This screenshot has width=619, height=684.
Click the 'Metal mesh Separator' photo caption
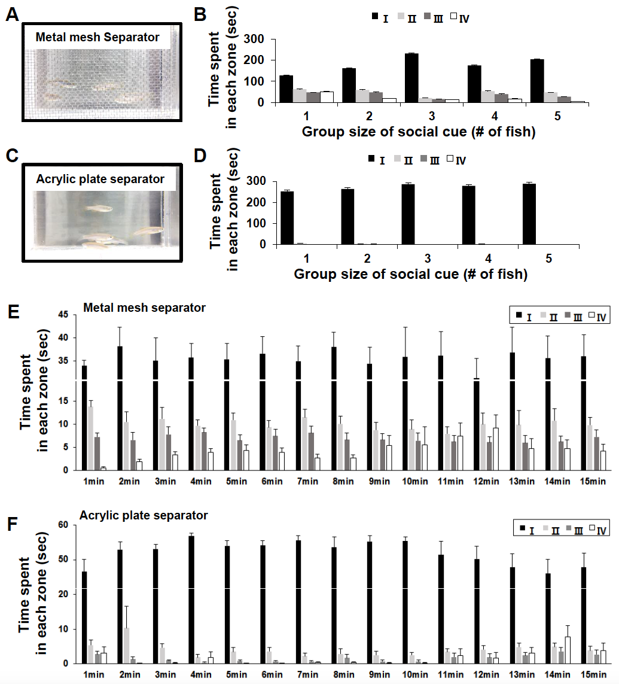[97, 37]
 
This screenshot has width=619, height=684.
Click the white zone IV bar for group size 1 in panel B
[326, 96]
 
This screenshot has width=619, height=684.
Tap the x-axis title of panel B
[419, 132]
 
